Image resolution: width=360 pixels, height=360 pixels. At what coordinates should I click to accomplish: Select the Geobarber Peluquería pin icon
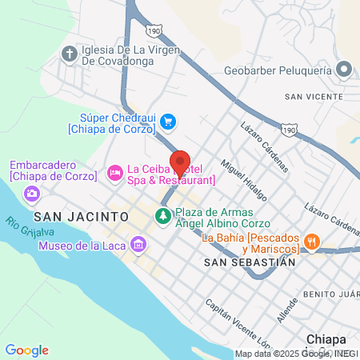pos(344,70)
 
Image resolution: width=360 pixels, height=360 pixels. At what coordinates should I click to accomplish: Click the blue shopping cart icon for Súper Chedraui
pos(167,122)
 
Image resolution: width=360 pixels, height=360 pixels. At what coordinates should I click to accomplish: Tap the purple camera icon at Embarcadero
pos(32,193)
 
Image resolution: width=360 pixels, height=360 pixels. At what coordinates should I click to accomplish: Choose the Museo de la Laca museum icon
pos(140,243)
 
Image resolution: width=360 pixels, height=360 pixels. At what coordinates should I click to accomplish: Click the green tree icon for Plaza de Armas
pos(163,217)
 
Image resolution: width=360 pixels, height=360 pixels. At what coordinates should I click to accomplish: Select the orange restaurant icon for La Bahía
pos(312,239)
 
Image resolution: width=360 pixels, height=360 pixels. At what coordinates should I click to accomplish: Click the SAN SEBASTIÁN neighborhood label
pos(250,262)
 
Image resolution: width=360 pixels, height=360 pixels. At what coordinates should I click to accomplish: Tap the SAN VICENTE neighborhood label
pos(313,98)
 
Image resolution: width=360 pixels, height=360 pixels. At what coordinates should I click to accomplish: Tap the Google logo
pos(26,350)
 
